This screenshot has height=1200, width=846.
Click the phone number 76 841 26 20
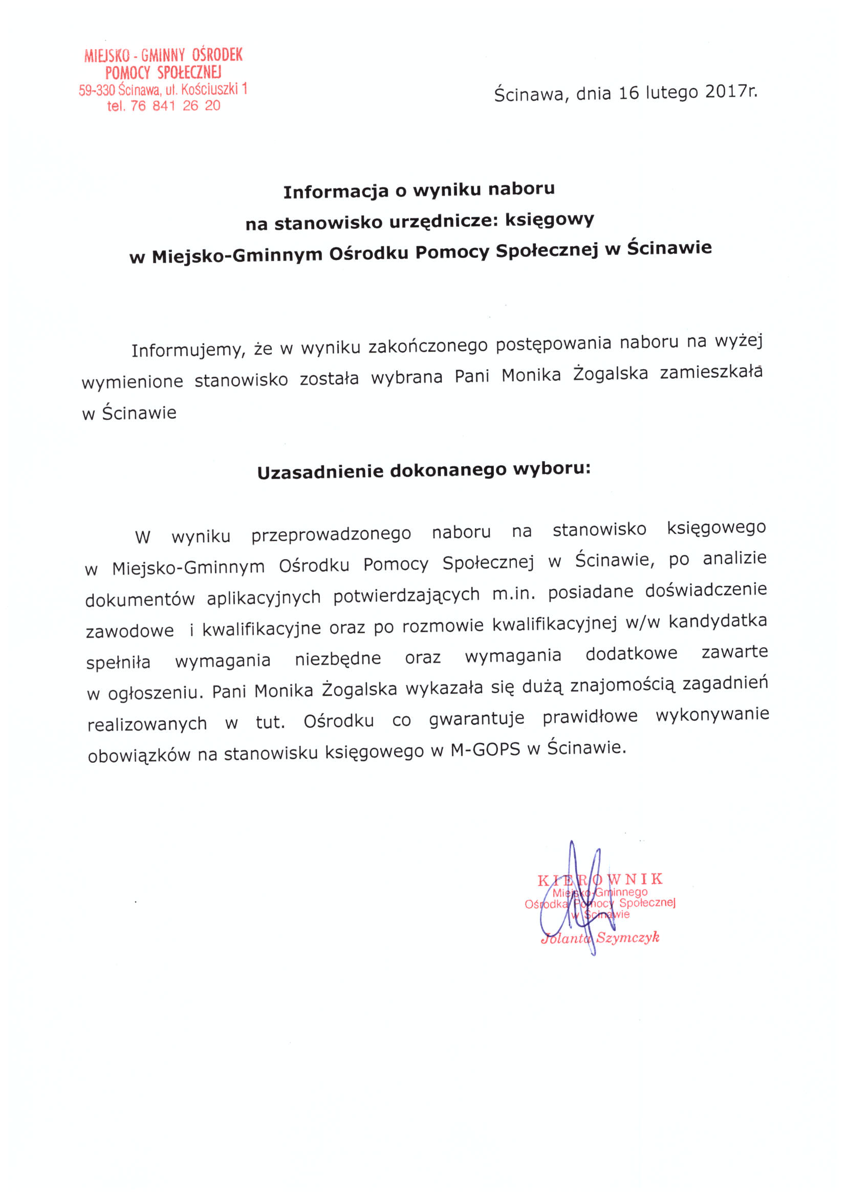(x=175, y=105)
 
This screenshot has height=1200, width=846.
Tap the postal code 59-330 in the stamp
(x=97, y=90)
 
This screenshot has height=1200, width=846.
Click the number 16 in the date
(x=628, y=93)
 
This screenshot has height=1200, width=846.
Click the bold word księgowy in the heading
(x=549, y=220)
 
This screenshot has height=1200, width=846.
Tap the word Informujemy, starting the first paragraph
(x=188, y=349)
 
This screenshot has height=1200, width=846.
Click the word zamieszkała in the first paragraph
(x=711, y=373)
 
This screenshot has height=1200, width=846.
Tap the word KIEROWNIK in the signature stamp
(x=600, y=879)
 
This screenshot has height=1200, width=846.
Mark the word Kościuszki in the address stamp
(x=209, y=89)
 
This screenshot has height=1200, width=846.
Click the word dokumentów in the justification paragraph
(x=140, y=599)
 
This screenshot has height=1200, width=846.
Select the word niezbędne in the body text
(x=338, y=659)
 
